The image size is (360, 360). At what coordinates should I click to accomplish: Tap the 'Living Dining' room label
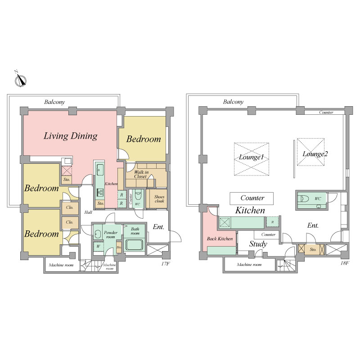coord(71,136)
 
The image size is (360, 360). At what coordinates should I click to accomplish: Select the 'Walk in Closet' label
coord(141,174)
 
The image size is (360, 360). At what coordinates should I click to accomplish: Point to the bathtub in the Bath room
coord(134,244)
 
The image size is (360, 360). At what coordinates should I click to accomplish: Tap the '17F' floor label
coord(165,264)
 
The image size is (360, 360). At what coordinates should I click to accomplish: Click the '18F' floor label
coord(345,263)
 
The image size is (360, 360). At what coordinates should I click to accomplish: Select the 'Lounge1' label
coord(251,157)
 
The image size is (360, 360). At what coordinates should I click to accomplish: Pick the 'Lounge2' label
coord(315,153)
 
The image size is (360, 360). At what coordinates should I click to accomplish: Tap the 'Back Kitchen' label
coord(220,238)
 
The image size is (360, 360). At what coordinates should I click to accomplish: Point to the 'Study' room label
coord(258,244)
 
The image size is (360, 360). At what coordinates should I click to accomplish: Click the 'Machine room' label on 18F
coord(249,265)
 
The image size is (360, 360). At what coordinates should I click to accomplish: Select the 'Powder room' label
coord(110,234)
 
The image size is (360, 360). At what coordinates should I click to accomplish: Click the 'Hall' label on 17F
coord(88,212)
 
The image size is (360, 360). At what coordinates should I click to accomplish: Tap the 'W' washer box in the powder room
coord(98,247)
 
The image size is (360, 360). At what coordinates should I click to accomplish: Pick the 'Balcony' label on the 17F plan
coord(54,102)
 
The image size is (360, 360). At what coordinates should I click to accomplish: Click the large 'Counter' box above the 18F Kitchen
coord(252,198)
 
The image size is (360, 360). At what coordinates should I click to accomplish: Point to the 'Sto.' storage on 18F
coord(313,250)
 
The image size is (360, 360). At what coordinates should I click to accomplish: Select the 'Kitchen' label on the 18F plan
coord(250,210)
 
